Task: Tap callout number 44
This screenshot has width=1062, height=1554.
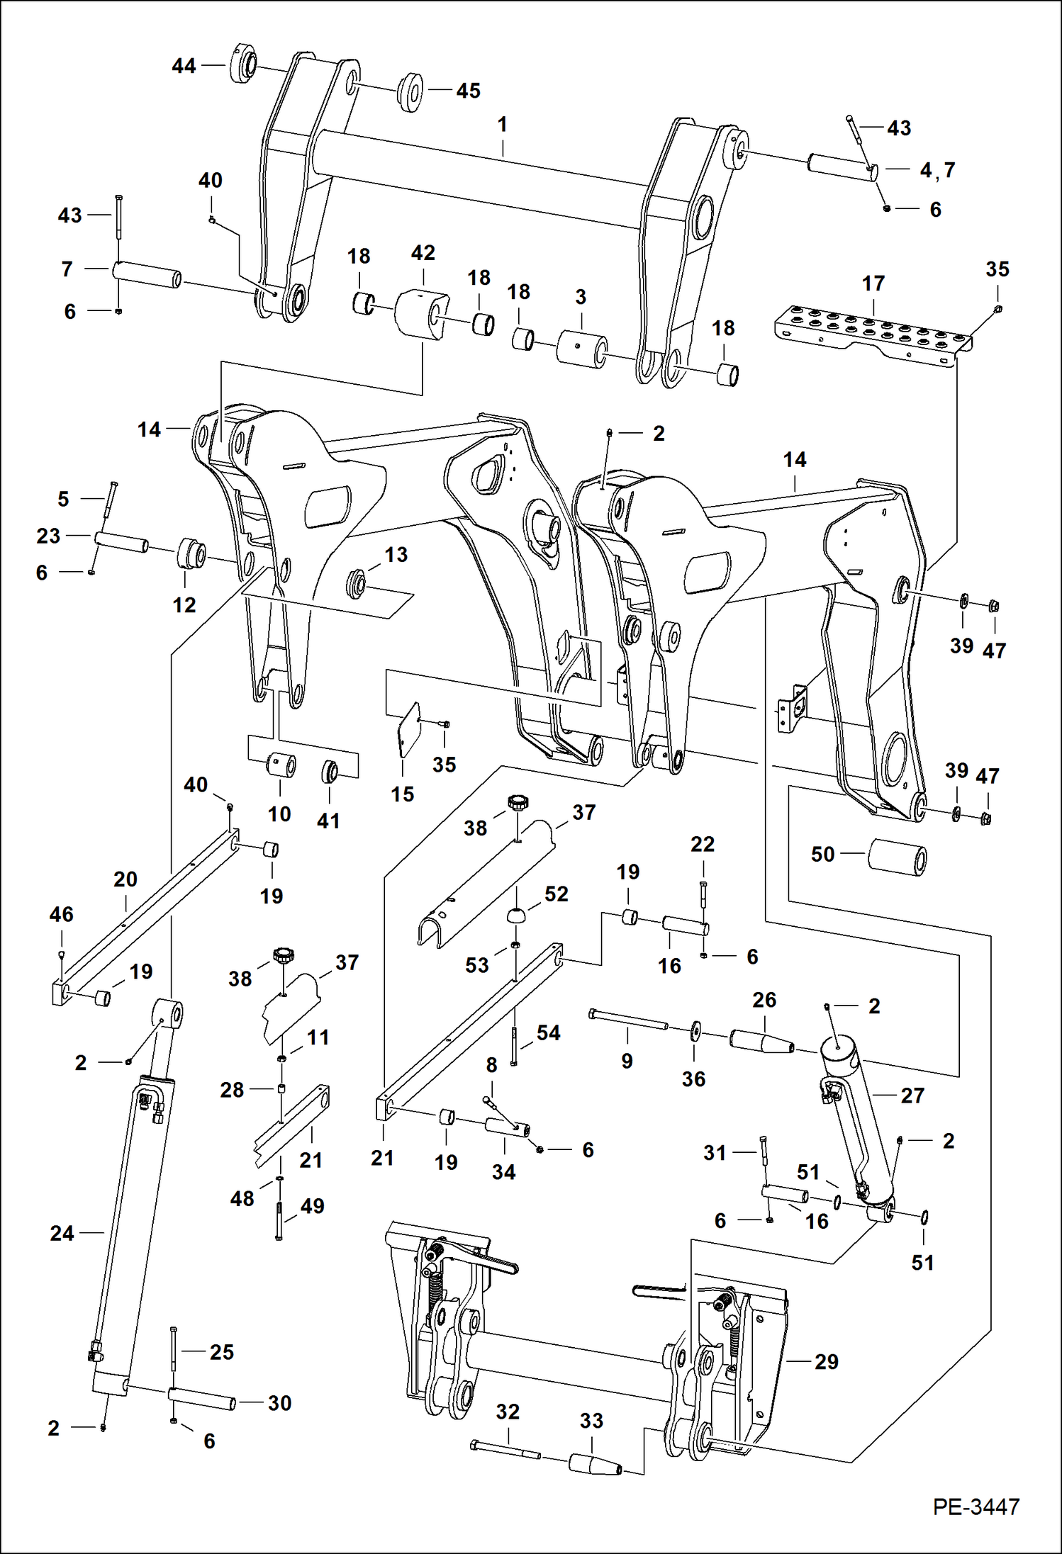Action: (x=184, y=66)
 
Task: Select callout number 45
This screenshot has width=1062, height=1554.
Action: (x=468, y=91)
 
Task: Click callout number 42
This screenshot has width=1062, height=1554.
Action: (x=423, y=253)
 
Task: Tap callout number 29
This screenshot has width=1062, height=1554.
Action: (x=826, y=1361)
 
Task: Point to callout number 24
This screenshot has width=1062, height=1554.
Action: (x=62, y=1233)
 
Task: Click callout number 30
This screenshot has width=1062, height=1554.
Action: (x=279, y=1402)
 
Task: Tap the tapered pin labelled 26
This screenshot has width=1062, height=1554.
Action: (x=761, y=1042)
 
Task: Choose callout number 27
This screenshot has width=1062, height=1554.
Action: (x=912, y=1096)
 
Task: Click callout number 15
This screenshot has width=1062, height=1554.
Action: (x=402, y=794)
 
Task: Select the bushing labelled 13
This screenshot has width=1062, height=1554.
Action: (x=356, y=585)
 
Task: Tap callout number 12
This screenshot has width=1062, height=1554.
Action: (x=184, y=605)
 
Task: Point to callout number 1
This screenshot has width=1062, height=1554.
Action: (x=502, y=125)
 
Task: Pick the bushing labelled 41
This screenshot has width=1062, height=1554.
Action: (x=331, y=770)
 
